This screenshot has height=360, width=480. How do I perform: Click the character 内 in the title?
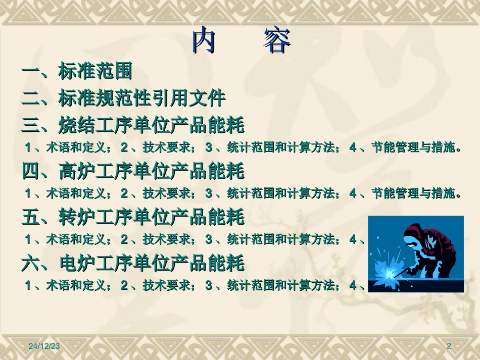click(203, 40)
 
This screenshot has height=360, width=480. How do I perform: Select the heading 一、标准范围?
click(77, 71)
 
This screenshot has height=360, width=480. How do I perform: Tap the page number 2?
click(449, 346)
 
